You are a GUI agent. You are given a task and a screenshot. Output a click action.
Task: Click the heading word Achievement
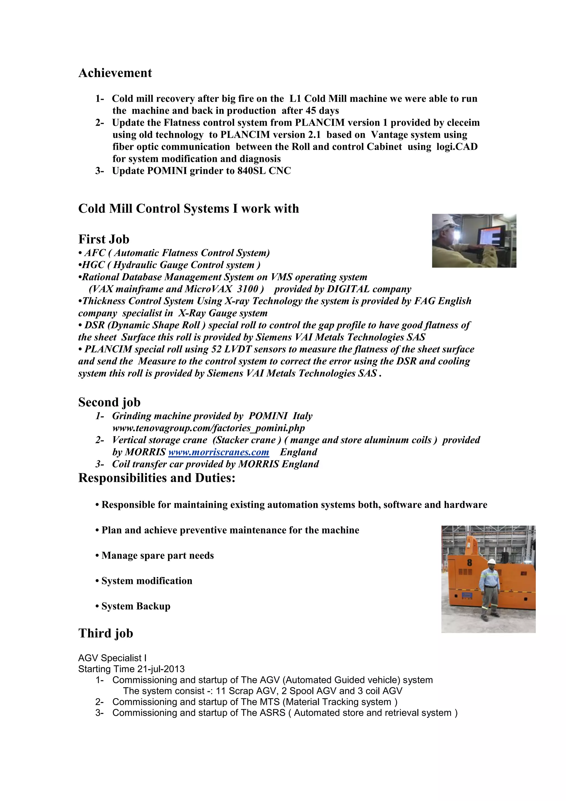pyautogui.click(x=115, y=73)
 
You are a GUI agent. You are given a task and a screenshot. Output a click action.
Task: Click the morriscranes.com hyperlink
pyautogui.click(x=219, y=452)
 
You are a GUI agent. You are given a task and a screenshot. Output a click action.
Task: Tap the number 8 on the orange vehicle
pyautogui.click(x=470, y=562)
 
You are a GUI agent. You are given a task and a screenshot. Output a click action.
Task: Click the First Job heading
pyautogui.click(x=104, y=239)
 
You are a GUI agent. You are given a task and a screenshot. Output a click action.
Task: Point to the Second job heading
pyautogui.click(x=109, y=402)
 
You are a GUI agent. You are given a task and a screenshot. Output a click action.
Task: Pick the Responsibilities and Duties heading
pyautogui.click(x=157, y=478)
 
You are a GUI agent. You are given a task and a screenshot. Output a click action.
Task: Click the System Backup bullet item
pyautogui.click(x=136, y=606)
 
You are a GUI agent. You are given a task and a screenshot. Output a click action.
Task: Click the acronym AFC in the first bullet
pyautogui.click(x=95, y=253)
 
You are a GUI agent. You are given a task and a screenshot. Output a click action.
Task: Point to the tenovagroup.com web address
pyautogui.click(x=208, y=428)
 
